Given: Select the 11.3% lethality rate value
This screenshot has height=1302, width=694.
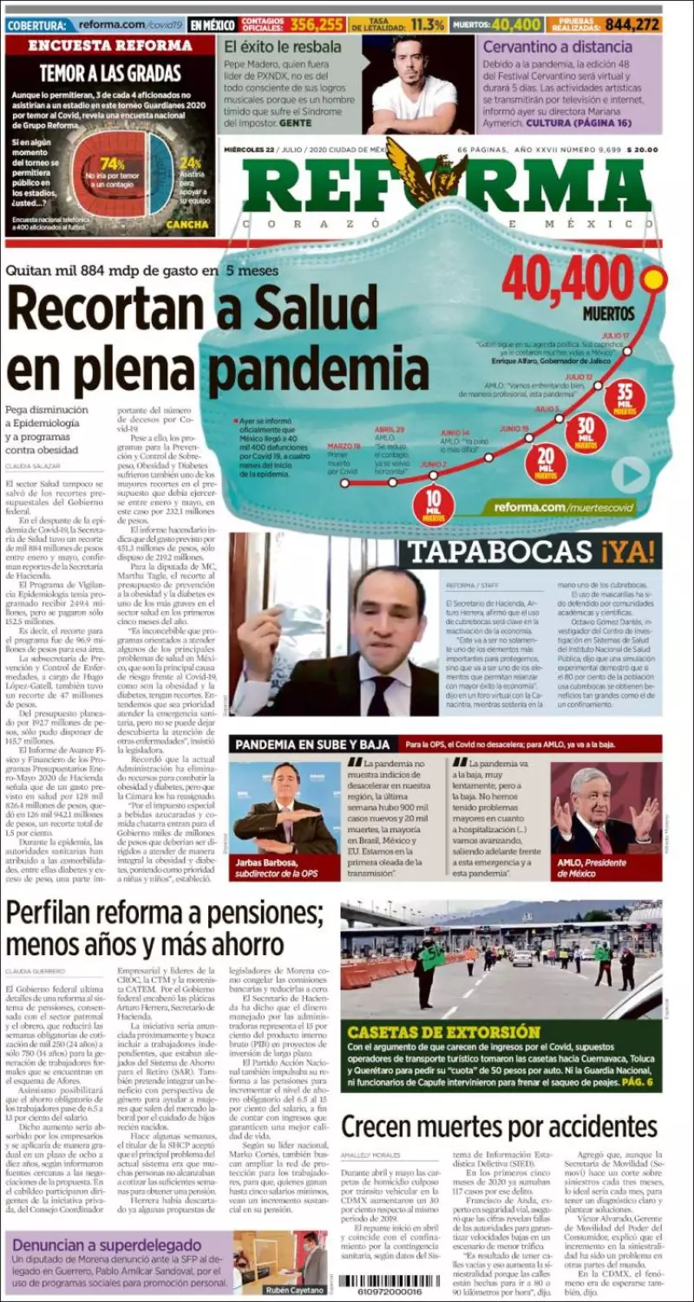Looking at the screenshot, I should [428, 24].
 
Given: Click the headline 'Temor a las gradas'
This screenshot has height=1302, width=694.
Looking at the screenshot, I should [109, 74].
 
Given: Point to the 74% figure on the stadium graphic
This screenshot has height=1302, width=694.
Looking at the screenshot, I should [112, 164].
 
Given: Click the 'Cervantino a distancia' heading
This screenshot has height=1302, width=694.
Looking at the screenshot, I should [557, 47].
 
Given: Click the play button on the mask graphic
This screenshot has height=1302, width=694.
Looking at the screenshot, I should [630, 475].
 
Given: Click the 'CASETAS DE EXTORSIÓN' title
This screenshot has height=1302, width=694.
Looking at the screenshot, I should [443, 1032].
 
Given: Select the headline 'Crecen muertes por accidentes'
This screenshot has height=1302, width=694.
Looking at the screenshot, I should [499, 1126].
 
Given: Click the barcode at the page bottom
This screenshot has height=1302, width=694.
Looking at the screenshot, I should [382, 1281].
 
